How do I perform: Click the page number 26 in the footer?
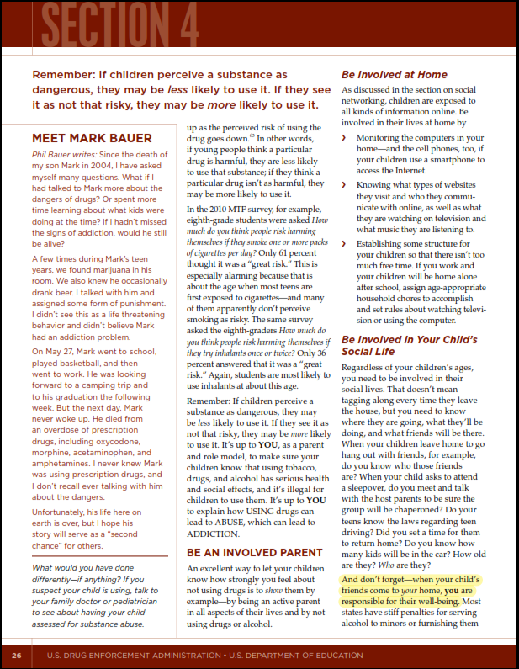point(16,655)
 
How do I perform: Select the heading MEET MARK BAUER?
point(92,137)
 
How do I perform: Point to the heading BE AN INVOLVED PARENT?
point(255,553)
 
